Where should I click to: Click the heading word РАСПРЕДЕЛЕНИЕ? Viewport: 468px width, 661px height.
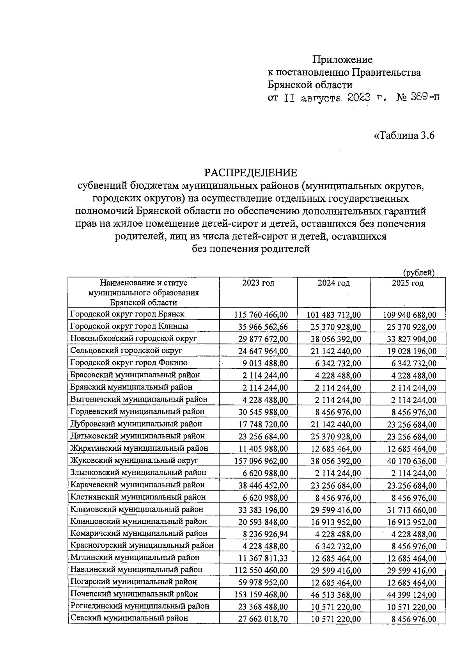(x=251, y=172)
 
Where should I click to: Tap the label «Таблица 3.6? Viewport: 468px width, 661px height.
(x=404, y=136)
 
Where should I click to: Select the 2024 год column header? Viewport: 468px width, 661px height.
(x=333, y=283)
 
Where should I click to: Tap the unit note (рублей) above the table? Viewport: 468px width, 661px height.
(x=418, y=273)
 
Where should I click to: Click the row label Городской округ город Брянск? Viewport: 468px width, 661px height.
(x=127, y=314)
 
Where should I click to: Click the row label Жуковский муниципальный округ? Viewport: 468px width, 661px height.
(x=134, y=460)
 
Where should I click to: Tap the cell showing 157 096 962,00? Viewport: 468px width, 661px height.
(x=261, y=461)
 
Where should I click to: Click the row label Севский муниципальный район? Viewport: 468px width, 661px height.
(x=129, y=618)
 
